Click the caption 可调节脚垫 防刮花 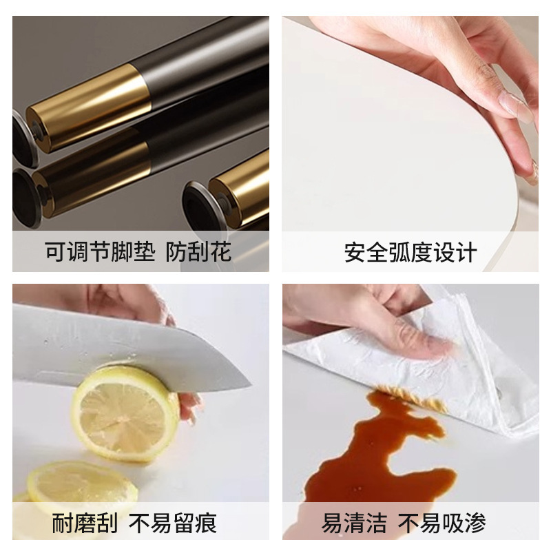[x=138, y=251]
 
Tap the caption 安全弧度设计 [x=410, y=252]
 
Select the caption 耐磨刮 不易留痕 [x=134, y=523]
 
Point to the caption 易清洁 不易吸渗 [x=404, y=523]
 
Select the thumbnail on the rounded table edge [x=516, y=107]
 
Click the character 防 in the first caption [x=176, y=251]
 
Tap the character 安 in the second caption [x=355, y=252]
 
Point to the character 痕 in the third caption [x=205, y=523]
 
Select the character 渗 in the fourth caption [x=475, y=523]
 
